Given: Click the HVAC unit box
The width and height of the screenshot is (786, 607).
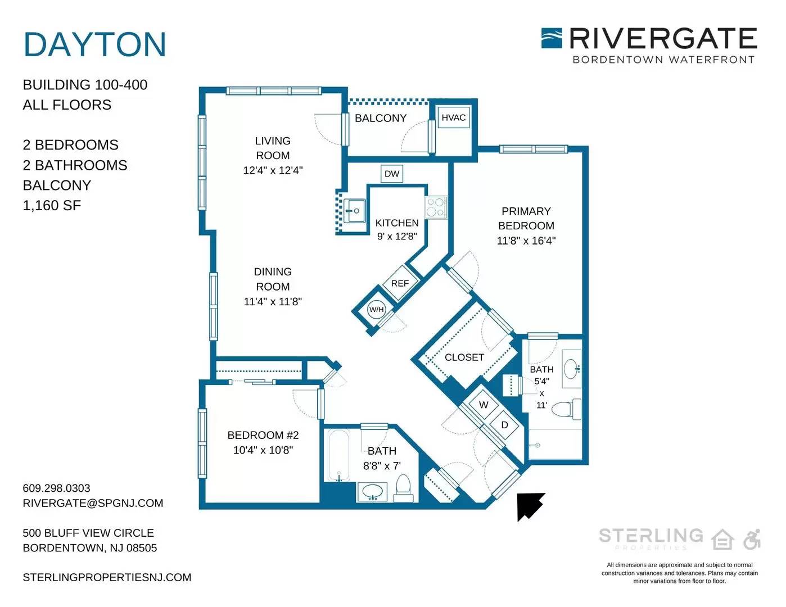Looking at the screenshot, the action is [454, 117].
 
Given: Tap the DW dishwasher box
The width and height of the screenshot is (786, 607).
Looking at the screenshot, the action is [392, 174].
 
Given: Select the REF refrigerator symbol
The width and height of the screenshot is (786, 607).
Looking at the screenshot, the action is [400, 283].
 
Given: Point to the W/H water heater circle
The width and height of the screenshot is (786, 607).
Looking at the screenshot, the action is [376, 310].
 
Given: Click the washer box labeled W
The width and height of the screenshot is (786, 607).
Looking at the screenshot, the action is [484, 405].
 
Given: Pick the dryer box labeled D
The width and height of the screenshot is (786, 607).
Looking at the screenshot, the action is [504, 425].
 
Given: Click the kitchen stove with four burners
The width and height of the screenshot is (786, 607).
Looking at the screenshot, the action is [436, 207].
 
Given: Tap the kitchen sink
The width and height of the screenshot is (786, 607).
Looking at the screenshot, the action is [354, 211].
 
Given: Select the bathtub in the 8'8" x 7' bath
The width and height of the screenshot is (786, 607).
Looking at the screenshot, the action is [339, 455].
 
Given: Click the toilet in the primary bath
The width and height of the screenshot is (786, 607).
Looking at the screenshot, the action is [567, 409].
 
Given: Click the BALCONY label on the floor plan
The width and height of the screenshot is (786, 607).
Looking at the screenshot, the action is [381, 118].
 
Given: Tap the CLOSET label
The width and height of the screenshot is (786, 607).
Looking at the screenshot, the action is [464, 357].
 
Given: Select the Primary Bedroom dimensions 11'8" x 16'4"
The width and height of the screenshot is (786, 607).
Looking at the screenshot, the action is [526, 241].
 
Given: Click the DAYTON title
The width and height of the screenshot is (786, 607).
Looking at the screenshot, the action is [95, 44].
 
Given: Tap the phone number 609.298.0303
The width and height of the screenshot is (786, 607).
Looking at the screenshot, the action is [56, 488].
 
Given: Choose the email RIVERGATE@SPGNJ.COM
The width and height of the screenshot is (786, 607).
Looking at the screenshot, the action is [93, 503].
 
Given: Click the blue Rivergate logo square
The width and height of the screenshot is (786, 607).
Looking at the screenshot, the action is [552, 38].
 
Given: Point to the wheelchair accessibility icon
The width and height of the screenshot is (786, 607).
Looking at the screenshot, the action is [752, 540].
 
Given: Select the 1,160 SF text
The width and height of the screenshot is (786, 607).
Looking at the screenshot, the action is [52, 205].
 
